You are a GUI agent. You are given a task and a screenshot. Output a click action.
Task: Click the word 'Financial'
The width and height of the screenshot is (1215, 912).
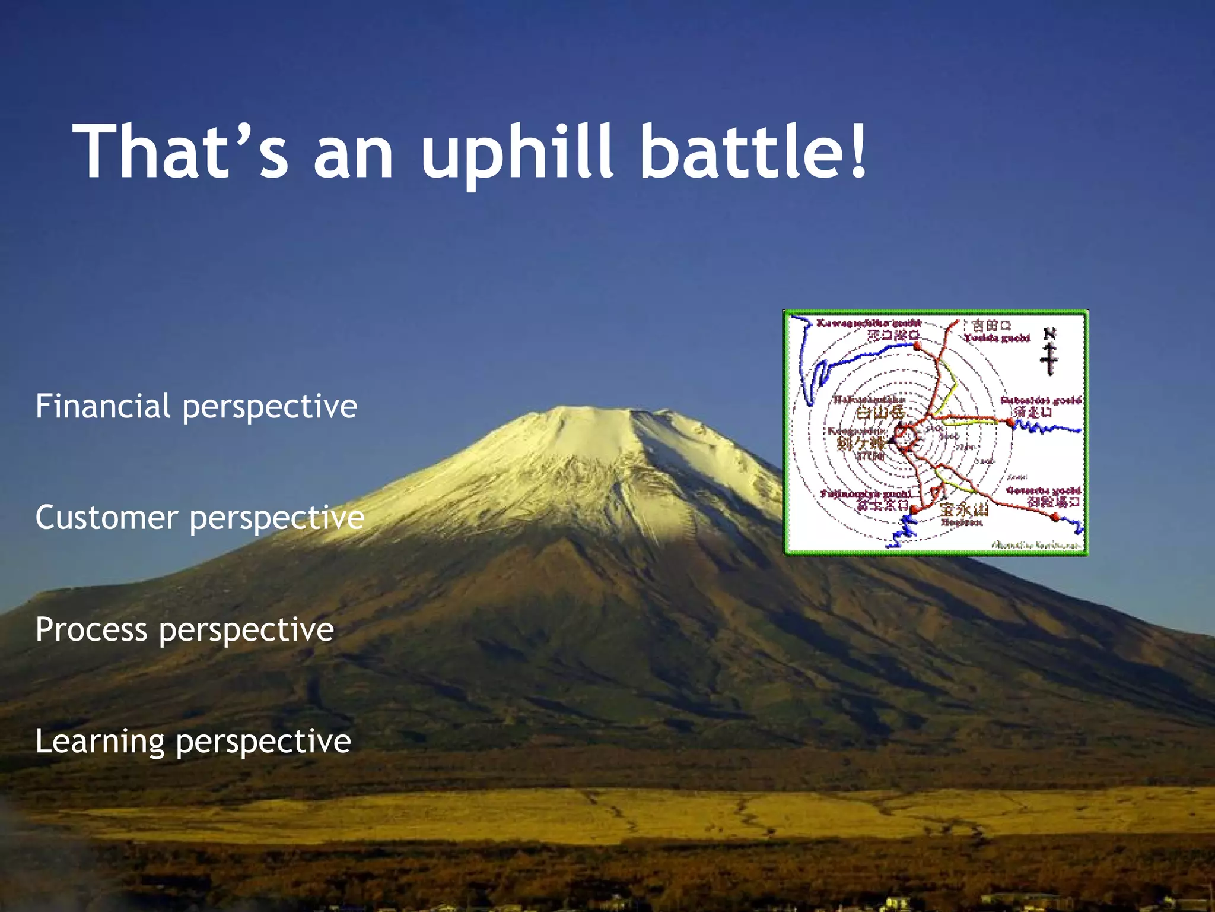[103, 406]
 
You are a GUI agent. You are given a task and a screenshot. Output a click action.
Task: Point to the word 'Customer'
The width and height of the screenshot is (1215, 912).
[107, 517]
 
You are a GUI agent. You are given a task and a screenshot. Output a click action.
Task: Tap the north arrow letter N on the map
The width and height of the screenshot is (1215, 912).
[1049, 334]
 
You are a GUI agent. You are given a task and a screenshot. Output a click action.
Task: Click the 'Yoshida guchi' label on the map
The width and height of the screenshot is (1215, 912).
[997, 338]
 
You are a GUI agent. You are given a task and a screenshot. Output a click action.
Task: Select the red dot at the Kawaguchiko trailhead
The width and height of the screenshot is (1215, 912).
[917, 345]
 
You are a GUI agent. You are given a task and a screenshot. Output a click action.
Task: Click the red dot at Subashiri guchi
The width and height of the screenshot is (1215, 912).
[1010, 422]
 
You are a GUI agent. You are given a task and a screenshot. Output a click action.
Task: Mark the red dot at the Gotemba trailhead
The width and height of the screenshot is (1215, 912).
[1054, 517]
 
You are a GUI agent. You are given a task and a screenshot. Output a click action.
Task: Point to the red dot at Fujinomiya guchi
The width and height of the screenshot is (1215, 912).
[914, 509]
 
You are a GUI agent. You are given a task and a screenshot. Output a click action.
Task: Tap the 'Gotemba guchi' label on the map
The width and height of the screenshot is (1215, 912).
[1044, 490]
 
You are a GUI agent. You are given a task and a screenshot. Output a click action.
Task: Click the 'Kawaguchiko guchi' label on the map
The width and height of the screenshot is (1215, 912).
[869, 323]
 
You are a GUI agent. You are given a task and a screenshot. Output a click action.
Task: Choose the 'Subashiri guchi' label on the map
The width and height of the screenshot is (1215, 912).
[1041, 400]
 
